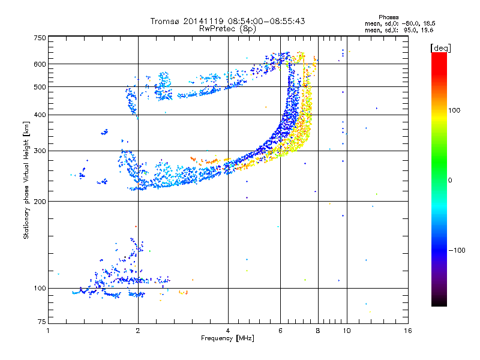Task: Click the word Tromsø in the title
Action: click(164, 21)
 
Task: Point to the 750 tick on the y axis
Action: click(40, 37)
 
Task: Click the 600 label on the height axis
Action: click(40, 64)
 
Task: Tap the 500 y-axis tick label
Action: click(40, 87)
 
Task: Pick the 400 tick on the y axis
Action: click(40, 115)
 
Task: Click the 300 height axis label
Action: click(40, 151)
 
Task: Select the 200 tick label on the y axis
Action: click(40, 202)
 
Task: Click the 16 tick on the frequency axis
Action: click(407, 331)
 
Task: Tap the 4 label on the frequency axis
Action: click(228, 331)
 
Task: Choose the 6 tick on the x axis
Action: click(280, 331)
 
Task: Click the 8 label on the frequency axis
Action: click(318, 331)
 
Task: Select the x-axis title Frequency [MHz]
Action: click(227, 338)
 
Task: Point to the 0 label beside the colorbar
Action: click(449, 180)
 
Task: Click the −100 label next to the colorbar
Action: click(457, 250)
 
